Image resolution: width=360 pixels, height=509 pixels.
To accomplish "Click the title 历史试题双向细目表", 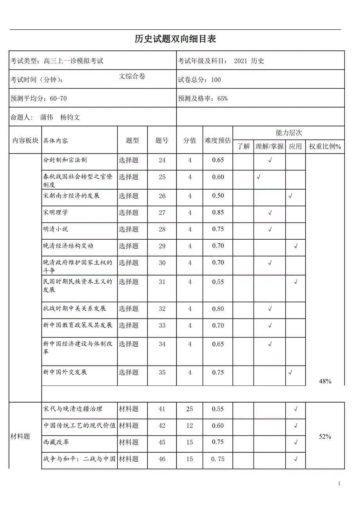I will (175, 39).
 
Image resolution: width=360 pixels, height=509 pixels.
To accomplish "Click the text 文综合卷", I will (132, 77).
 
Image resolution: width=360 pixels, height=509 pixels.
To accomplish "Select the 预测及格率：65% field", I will (203, 99).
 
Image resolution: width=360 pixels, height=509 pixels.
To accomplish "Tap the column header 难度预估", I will (218, 140).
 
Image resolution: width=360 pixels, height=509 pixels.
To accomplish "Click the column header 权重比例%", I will (325, 147).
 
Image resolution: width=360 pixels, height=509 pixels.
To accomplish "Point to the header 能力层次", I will (289, 133).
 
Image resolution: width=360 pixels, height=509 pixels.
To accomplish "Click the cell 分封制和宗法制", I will (65, 160).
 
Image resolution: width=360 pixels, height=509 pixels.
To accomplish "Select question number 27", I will (162, 213).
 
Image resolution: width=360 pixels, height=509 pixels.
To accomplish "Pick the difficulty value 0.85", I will (218, 213).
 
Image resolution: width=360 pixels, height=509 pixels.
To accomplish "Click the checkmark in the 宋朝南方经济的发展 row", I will (290, 196).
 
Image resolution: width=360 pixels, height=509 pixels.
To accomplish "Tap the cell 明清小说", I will (56, 229).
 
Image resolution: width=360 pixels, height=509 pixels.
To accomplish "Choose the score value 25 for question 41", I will (190, 409).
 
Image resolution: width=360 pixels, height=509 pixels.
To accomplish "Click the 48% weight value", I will (325, 381).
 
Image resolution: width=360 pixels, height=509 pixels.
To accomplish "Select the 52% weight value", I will (325, 437).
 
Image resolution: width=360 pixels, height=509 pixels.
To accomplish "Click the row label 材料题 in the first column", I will (20, 437).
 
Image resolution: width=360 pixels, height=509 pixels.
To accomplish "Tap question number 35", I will (162, 373).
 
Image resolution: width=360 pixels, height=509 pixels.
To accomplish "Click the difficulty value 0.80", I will (218, 309).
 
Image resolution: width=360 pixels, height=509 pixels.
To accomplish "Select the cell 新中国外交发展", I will (65, 372).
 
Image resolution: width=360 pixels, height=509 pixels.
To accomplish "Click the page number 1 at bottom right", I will (339, 484).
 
